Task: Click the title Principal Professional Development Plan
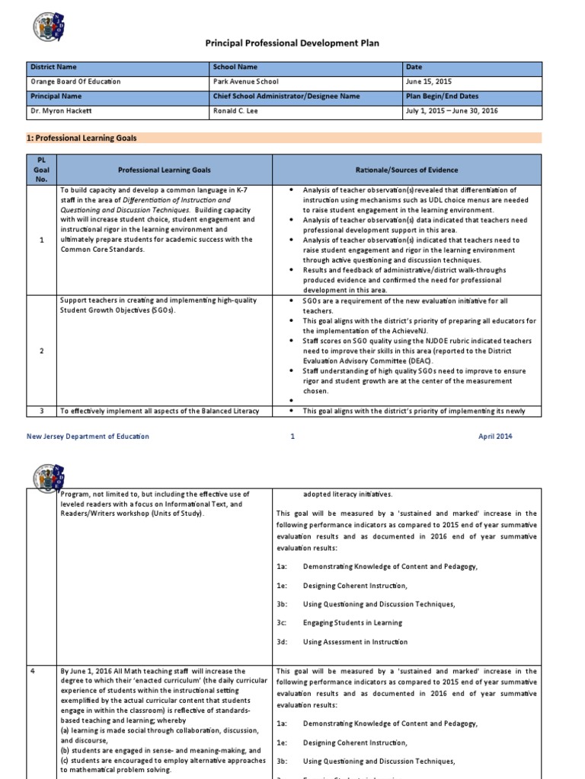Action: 292,43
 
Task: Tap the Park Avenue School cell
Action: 246,81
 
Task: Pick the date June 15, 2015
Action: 429,81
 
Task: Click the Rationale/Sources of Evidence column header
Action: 406,170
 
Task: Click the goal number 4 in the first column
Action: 44,672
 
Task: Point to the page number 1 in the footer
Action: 292,436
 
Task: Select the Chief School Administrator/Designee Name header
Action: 299,97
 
